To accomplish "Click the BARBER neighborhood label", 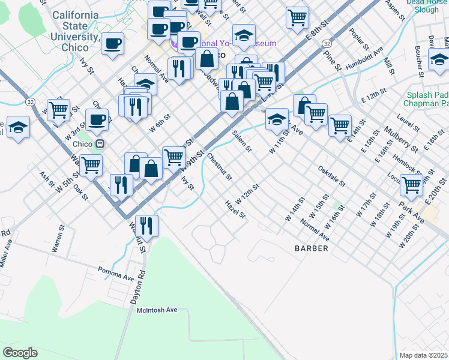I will (x=311, y=248).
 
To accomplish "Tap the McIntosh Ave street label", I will (x=157, y=310).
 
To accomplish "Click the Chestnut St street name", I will (x=219, y=167).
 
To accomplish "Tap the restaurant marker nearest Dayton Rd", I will (x=146, y=226).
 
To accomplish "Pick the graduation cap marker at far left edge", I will (x=19, y=127).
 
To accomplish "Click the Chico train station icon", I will (x=100, y=144).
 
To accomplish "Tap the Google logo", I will (x=20, y=352).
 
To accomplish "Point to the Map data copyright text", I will (x=424, y=355).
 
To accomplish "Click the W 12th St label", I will (x=247, y=194).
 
